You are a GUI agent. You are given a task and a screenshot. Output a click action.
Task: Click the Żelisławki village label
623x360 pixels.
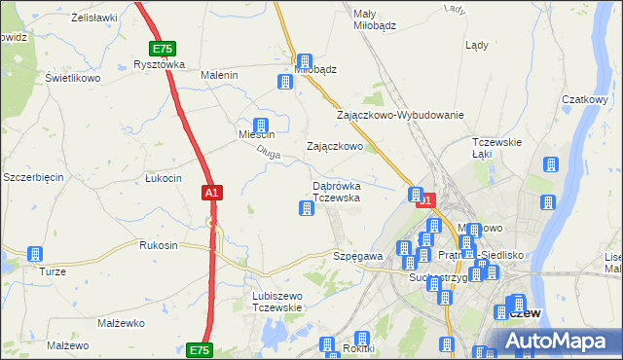coord(94,18)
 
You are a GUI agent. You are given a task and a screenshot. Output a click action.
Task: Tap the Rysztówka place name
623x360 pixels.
coord(159,65)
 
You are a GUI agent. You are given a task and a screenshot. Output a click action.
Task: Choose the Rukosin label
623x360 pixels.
coord(159,245)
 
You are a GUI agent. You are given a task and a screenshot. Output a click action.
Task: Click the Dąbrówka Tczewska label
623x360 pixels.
coord(337,191)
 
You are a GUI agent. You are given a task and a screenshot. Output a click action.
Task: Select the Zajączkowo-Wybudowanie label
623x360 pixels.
coord(400,115)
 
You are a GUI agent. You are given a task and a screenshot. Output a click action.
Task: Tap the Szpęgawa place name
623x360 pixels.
coord(357,256)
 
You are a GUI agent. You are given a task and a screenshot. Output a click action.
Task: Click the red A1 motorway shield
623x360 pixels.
coord(212,194)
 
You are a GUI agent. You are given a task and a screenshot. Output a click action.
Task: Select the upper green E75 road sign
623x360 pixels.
coord(163,48)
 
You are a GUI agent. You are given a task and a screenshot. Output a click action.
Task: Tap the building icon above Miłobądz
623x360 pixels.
coord(304,60)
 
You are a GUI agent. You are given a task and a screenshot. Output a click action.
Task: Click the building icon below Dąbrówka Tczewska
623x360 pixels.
coord(307,208)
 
